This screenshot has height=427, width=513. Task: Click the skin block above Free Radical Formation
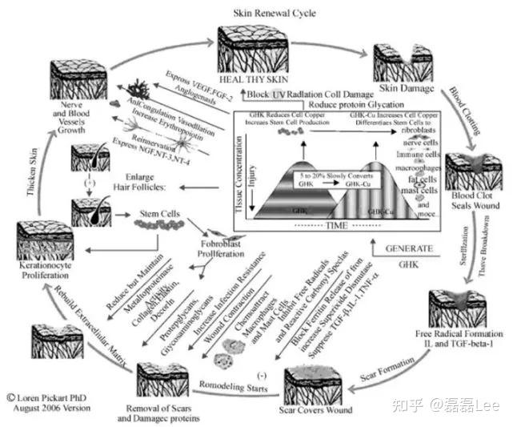(x=458, y=308)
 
